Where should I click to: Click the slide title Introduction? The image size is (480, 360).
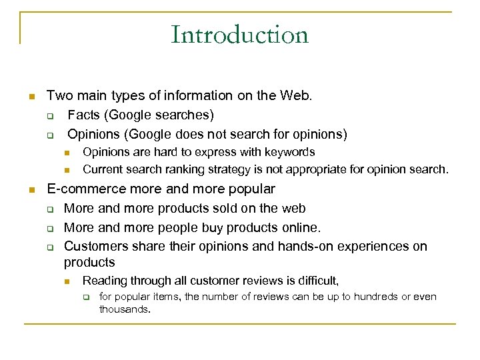coord(239,35)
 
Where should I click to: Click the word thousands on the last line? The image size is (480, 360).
coord(125,309)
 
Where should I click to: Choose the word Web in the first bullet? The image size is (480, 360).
coord(296,95)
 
